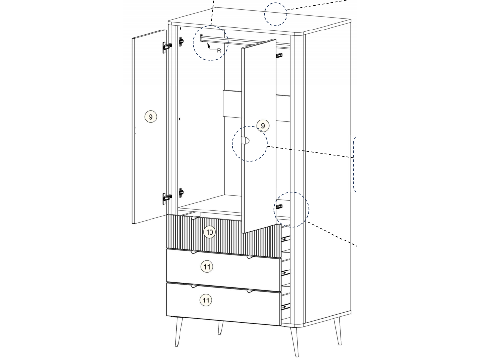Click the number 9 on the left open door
pos(150,117)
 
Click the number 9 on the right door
pos(263,126)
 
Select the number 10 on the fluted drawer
pos(210,232)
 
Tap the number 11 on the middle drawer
pos(207,267)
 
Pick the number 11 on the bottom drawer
pos(206,300)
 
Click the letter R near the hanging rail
pos(219,51)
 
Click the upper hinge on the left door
pos(167,46)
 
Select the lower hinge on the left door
pos(167,198)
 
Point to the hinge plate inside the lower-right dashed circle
pos(279,207)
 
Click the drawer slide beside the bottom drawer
pos(286,306)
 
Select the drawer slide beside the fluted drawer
pos(286,238)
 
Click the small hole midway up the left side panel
pos(180,119)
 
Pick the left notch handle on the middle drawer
pos(194,253)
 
